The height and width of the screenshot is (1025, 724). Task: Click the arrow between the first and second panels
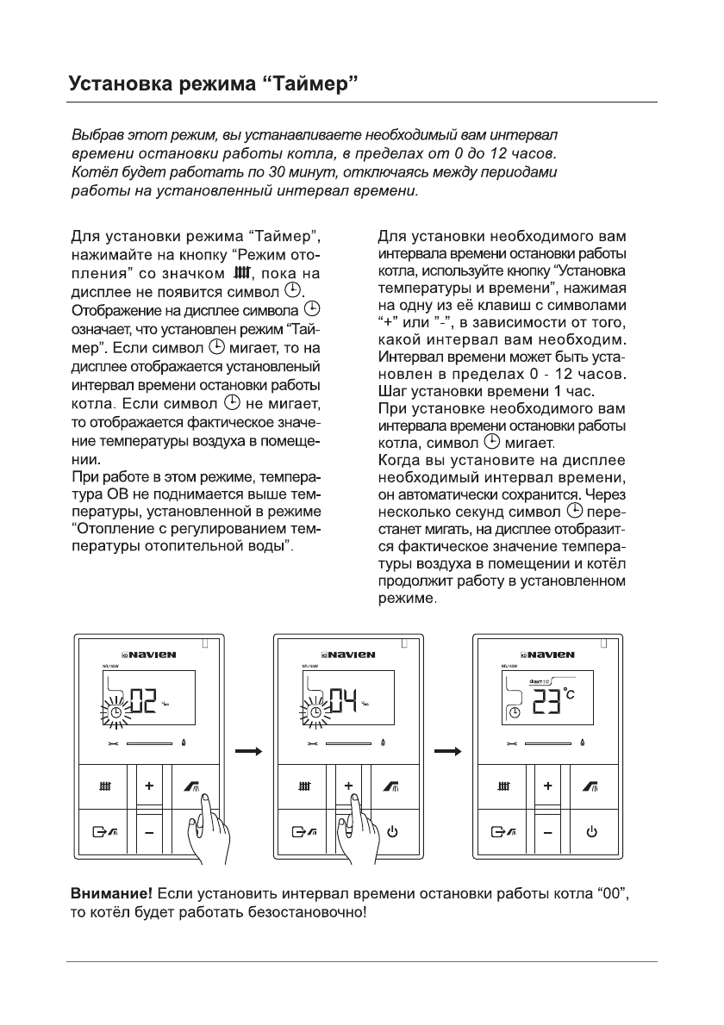click(249, 751)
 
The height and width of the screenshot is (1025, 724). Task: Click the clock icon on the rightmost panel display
click(515, 712)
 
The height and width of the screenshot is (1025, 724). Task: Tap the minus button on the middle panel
click(349, 833)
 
